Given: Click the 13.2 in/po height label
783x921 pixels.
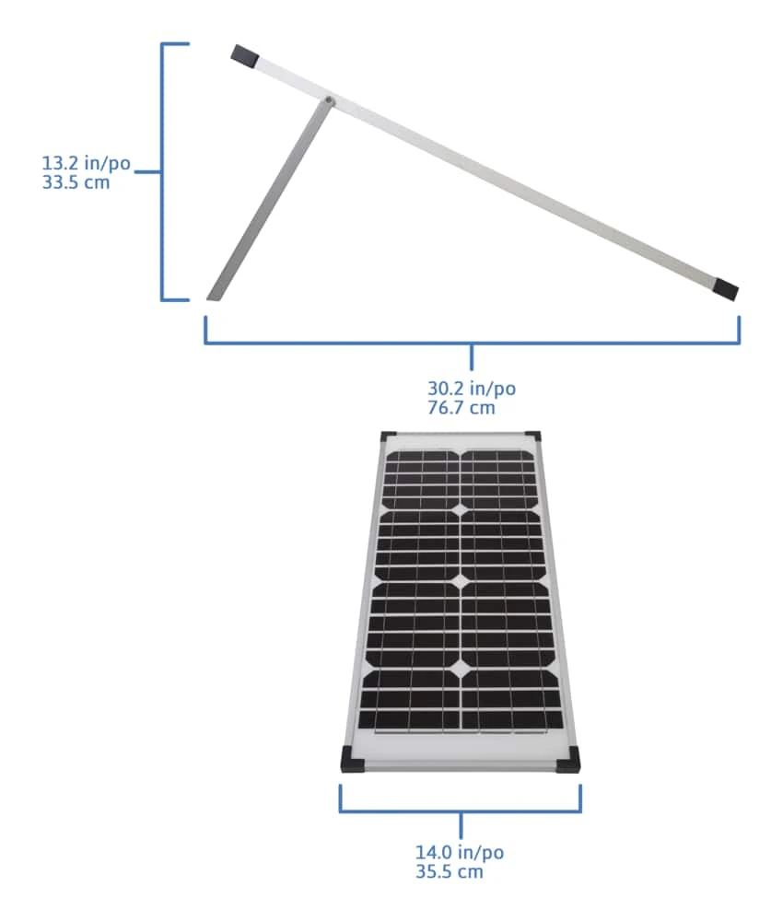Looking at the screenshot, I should click(x=86, y=164).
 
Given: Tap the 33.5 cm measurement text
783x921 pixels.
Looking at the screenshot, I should click(x=76, y=181).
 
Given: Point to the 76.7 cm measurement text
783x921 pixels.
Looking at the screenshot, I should click(x=461, y=407).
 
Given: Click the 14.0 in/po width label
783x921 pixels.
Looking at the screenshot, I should click(x=460, y=853).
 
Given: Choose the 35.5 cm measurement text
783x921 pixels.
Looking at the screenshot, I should click(x=449, y=871).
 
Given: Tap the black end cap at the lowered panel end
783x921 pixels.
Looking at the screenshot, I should click(x=726, y=290).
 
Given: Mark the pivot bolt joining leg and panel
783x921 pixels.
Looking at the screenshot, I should click(x=329, y=99).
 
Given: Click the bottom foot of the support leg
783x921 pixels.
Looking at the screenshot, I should click(x=213, y=293).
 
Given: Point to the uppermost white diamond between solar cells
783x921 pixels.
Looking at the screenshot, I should click(x=459, y=509).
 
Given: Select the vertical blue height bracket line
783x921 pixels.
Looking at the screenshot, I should click(x=163, y=171).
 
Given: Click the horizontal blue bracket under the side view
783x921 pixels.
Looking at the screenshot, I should click(x=471, y=343).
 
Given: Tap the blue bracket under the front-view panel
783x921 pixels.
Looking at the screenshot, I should click(x=460, y=811).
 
